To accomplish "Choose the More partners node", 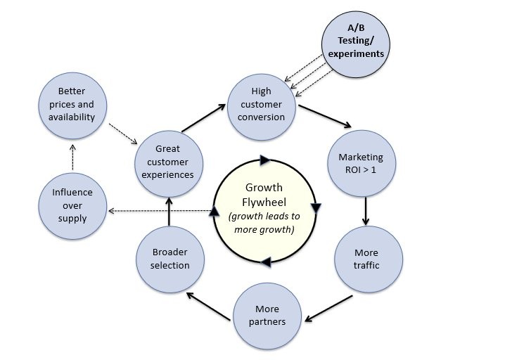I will (x=267, y=314).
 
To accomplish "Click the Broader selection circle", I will (x=169, y=259).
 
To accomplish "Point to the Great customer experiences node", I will (x=167, y=161).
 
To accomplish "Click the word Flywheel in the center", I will (x=263, y=200).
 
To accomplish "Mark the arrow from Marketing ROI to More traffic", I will (x=366, y=210).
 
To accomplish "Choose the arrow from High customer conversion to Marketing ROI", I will (x=325, y=117).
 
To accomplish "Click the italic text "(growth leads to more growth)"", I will (x=264, y=222).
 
